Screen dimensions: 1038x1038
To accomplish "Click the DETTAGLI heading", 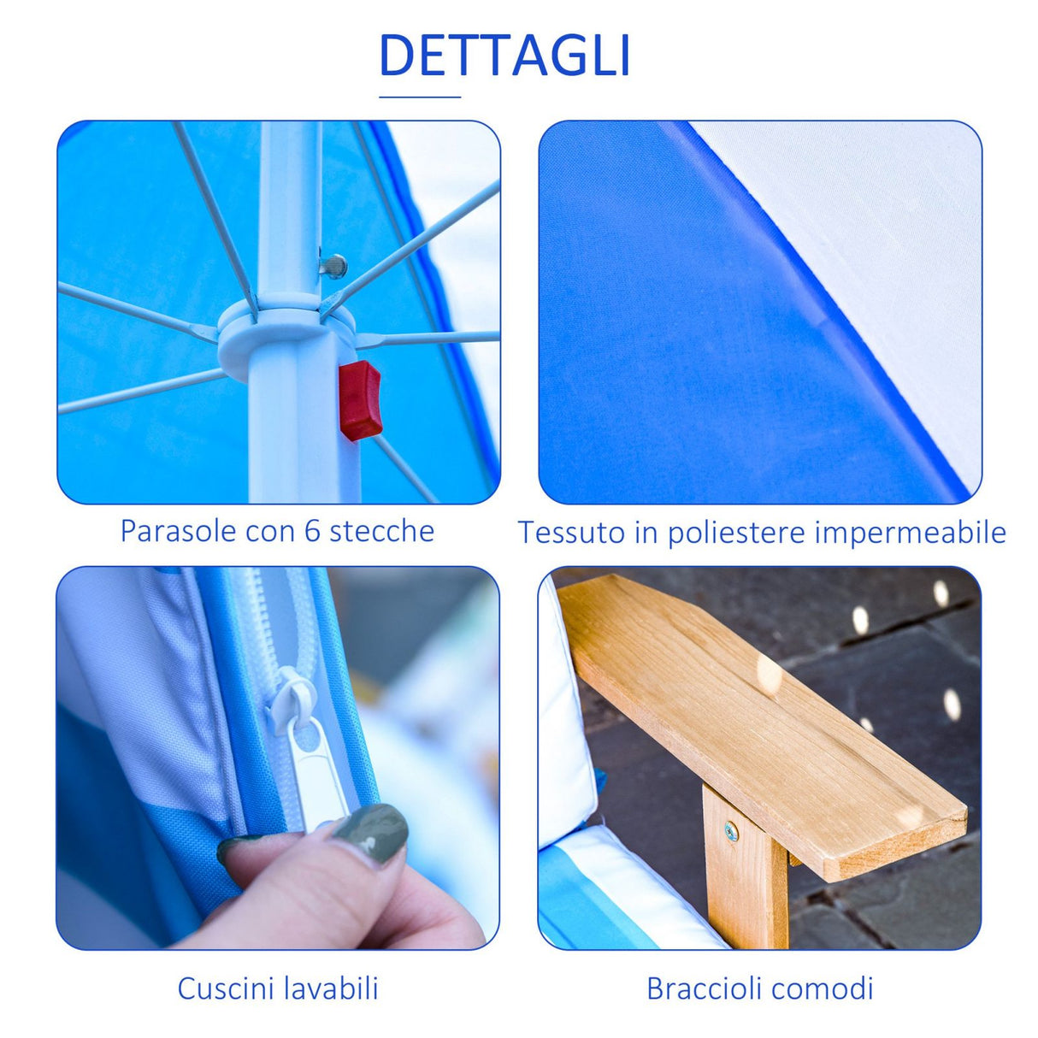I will click(504, 56).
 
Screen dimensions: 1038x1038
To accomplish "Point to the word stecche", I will click(381, 531).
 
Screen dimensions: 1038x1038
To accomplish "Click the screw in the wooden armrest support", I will click(732, 829).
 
